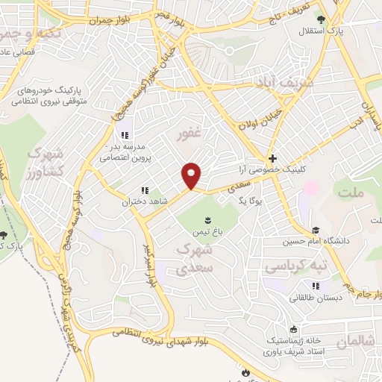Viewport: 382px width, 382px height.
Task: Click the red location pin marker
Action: pos(192,175)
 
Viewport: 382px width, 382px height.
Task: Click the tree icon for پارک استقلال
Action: pos(321,19)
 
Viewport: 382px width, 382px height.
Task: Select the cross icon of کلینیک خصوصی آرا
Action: pos(273,158)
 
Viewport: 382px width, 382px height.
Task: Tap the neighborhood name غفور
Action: pos(190,137)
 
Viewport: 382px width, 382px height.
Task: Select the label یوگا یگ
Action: pos(232,201)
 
